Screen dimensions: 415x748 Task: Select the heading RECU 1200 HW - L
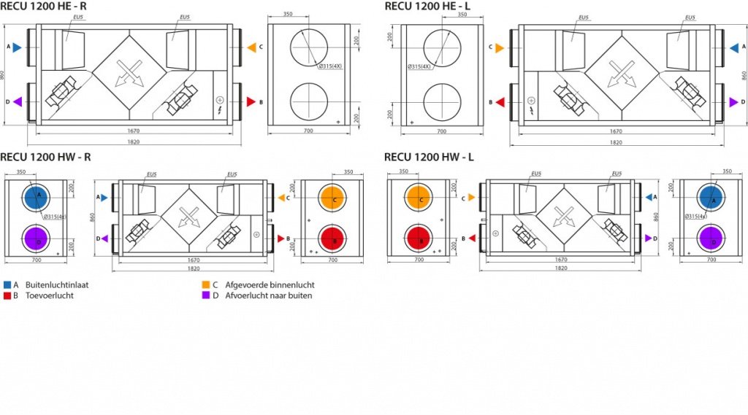pyautogui.click(x=430, y=157)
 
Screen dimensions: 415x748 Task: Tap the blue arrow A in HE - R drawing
pyautogui.click(x=17, y=47)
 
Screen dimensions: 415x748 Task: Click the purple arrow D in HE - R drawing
pyautogui.click(x=17, y=102)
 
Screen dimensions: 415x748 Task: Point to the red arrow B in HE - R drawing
pyautogui.click(x=250, y=102)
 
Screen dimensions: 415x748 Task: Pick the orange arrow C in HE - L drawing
pyautogui.click(x=500, y=47)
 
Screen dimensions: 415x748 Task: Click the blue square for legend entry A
pyautogui.click(x=7, y=285)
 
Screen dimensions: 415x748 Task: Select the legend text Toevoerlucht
pyautogui.click(x=49, y=295)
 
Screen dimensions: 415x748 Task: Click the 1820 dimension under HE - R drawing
pyautogui.click(x=133, y=142)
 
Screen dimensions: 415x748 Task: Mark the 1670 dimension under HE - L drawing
pyautogui.click(x=616, y=131)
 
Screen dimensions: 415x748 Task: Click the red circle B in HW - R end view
pyautogui.click(x=335, y=239)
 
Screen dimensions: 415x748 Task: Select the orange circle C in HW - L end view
pyautogui.click(x=419, y=198)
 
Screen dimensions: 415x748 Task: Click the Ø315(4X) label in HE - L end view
pyautogui.click(x=420, y=66)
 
